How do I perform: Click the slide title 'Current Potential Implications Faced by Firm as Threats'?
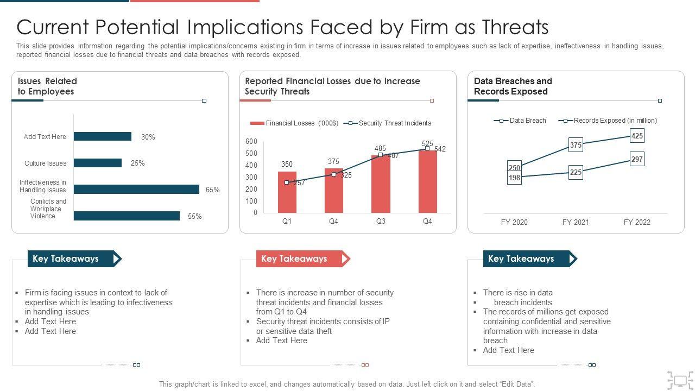click(282, 27)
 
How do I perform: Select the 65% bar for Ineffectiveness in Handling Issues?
click(136, 190)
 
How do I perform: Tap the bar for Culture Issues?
click(98, 163)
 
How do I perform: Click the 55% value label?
click(194, 216)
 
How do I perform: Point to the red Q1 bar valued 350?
click(287, 192)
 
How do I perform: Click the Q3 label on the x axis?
click(380, 221)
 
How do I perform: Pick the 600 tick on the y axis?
click(251, 141)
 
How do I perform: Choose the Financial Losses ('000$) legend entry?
click(294, 123)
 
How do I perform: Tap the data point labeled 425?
click(637, 136)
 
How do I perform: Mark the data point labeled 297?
click(637, 159)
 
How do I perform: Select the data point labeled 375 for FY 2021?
click(576, 145)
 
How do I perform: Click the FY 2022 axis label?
click(637, 222)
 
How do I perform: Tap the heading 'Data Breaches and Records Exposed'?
click(513, 86)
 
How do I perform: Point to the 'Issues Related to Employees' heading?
click(47, 86)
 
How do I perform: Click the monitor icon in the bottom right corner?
click(680, 380)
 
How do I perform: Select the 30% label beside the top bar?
click(148, 137)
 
